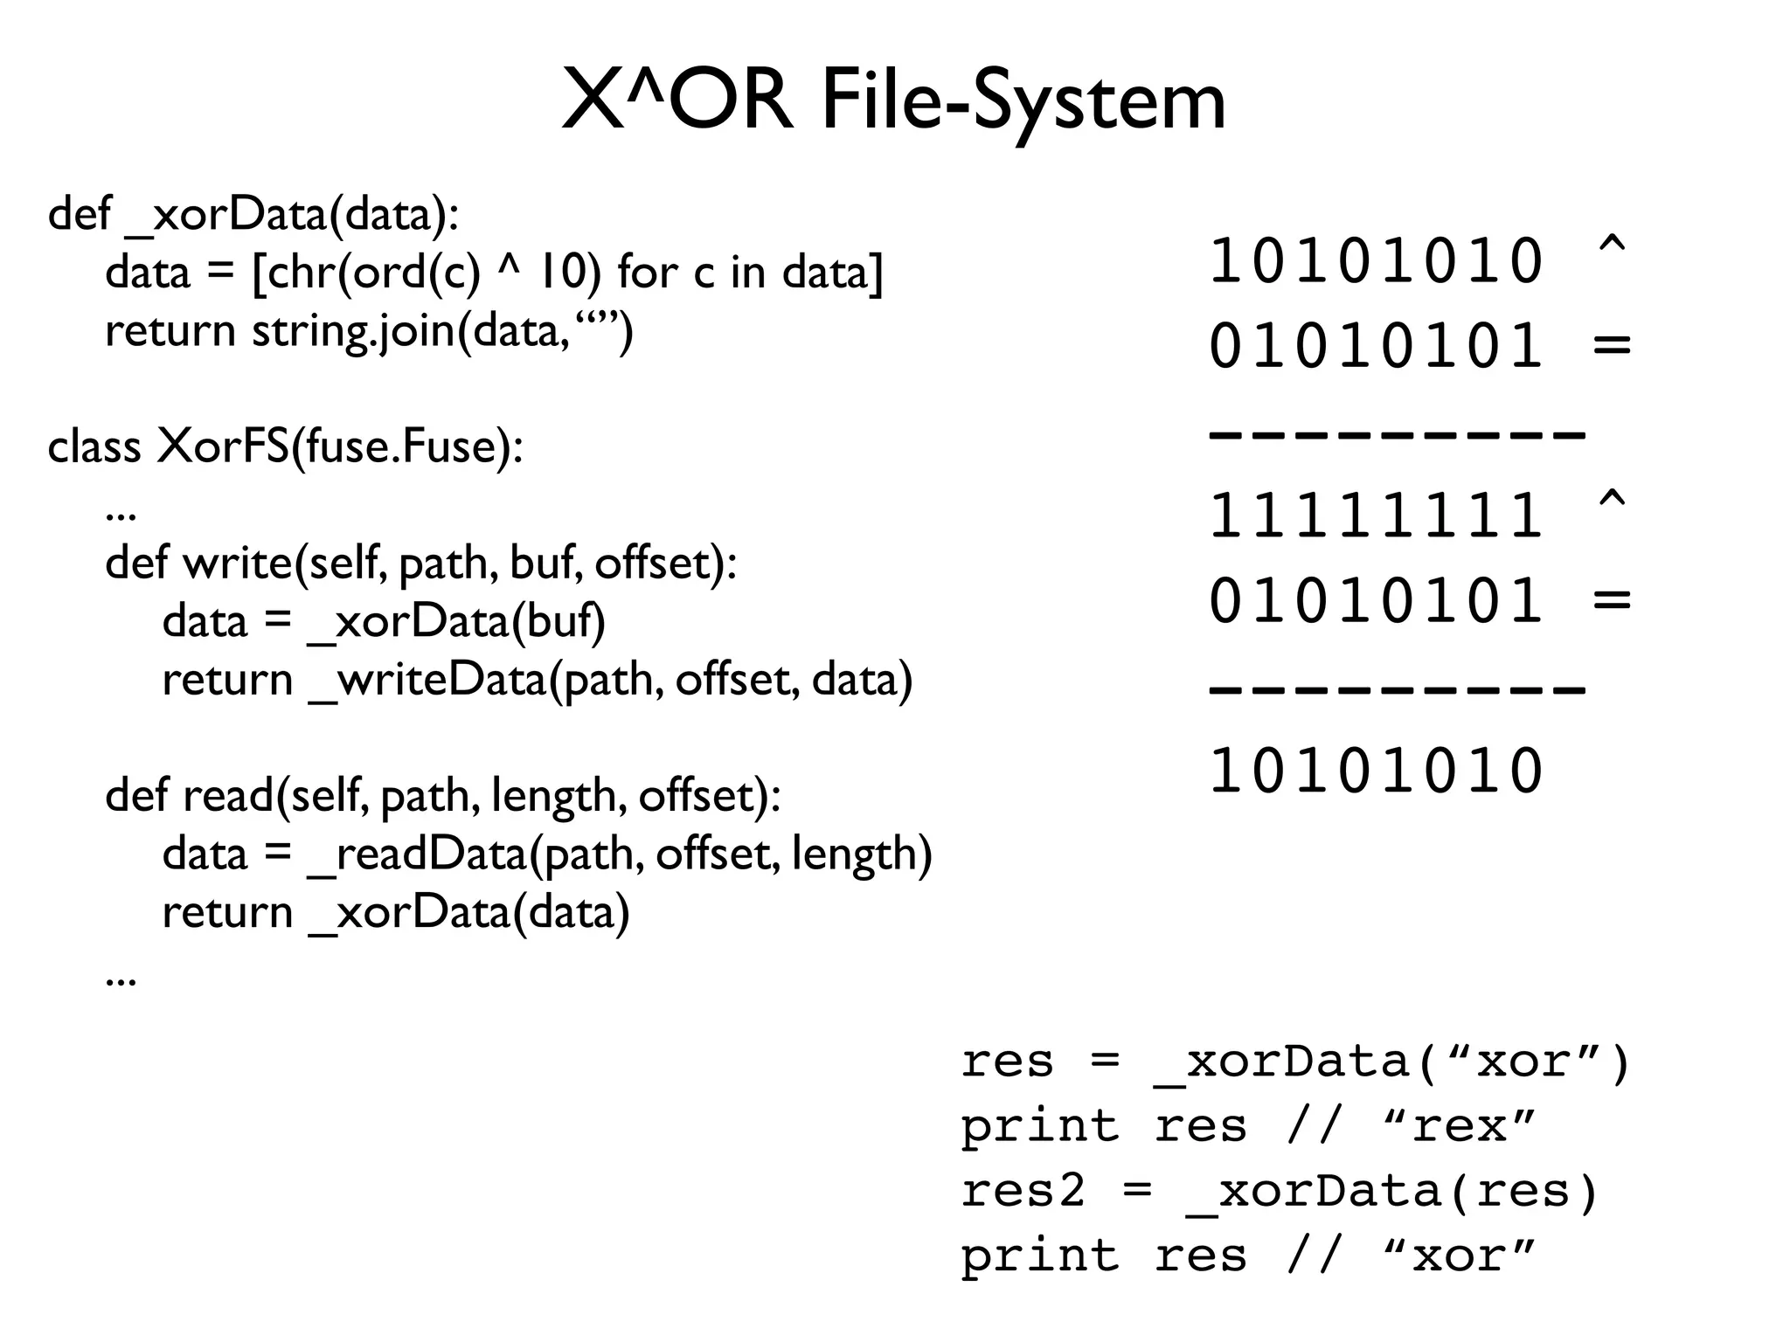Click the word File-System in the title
tap(1023, 103)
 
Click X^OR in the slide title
tap(677, 101)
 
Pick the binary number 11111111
tap(1376, 515)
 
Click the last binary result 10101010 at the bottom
tap(1376, 771)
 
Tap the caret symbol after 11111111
tap(1611, 502)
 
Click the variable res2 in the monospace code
tap(1023, 1191)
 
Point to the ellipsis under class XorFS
tap(121, 515)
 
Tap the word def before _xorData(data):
tap(80, 214)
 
